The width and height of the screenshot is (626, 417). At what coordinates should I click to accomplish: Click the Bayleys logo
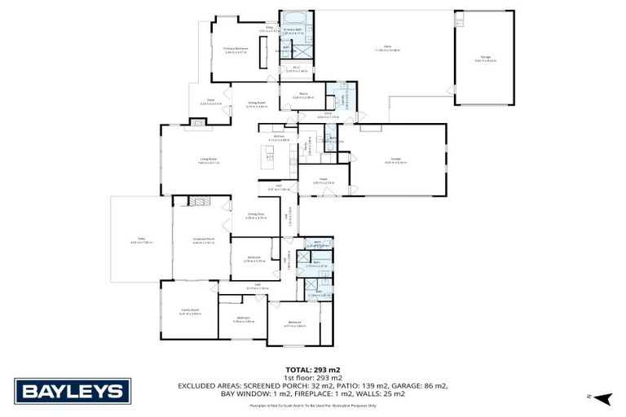[x=73, y=391]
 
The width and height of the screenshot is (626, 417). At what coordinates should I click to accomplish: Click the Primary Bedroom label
[x=236, y=50]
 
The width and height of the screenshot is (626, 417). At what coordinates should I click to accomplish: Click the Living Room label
[x=208, y=160]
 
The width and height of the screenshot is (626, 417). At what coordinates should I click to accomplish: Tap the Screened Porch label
[x=202, y=241]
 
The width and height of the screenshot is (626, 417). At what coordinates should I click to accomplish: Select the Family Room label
[x=190, y=311]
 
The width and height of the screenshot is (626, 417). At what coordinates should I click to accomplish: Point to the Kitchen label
[x=278, y=138]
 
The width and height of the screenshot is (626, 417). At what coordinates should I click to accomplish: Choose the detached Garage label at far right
[x=484, y=59]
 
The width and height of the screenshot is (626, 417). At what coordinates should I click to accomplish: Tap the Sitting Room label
[x=257, y=103]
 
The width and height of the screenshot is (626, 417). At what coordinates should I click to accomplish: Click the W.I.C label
[x=297, y=70]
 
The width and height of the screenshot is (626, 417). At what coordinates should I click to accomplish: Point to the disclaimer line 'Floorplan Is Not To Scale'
[x=313, y=405]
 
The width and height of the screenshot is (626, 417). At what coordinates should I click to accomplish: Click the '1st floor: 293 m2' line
[x=313, y=378]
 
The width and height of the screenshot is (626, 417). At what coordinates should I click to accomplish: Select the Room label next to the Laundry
[x=303, y=95]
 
